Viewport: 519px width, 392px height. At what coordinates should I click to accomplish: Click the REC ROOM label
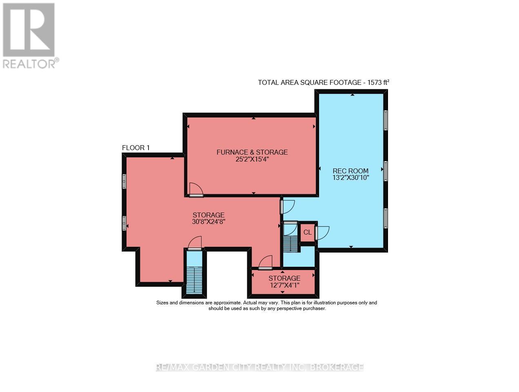tap(350, 171)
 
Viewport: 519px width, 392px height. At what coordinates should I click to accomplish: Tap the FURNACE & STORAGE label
tap(252, 152)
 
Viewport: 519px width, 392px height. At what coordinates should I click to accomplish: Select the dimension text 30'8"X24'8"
tap(208, 221)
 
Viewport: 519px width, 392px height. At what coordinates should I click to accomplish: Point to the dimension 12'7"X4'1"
tap(284, 285)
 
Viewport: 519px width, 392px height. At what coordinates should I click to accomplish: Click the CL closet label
tap(307, 233)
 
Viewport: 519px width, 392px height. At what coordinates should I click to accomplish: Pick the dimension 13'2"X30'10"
tap(350, 178)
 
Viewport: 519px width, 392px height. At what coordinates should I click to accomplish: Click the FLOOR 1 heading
tap(136, 148)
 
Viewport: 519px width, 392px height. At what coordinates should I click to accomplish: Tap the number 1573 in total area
tap(375, 82)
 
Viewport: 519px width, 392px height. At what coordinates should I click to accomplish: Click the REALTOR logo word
tap(29, 64)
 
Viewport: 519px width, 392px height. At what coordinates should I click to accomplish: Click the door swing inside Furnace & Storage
tap(196, 189)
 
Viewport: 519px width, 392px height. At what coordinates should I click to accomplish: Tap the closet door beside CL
tap(322, 233)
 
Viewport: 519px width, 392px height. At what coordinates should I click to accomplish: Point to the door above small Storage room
tap(265, 262)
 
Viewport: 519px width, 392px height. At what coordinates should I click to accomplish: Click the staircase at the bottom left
tap(194, 281)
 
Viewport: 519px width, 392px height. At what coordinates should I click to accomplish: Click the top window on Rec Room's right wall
tap(386, 120)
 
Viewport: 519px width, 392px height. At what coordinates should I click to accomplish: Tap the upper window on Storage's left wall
tap(124, 181)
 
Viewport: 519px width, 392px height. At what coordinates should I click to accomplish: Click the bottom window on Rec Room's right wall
tap(386, 218)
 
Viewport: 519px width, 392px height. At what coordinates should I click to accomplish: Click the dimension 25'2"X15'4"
tap(252, 159)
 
